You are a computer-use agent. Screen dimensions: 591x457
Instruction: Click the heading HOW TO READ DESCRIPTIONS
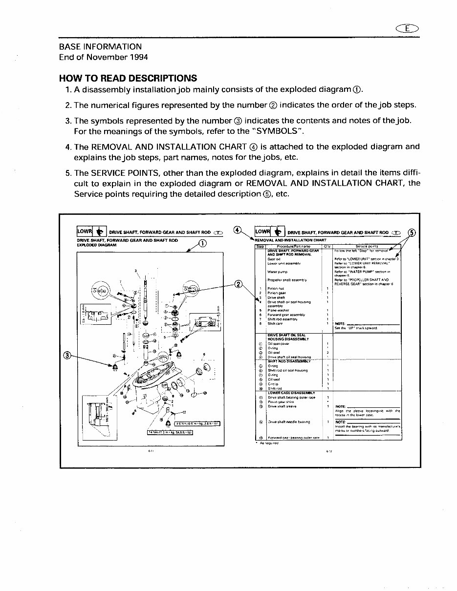point(128,78)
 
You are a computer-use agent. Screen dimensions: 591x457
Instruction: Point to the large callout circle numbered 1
point(204,244)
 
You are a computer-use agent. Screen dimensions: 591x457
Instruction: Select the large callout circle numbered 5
point(412,232)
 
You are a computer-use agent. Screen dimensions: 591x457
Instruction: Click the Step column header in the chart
point(260,247)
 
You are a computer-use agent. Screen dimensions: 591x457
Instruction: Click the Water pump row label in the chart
point(277,272)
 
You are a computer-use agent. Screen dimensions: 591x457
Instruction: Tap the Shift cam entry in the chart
point(275,323)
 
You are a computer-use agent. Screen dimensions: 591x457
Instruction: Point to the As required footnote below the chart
point(268,443)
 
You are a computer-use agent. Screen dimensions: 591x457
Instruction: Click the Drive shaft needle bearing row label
point(289,422)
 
